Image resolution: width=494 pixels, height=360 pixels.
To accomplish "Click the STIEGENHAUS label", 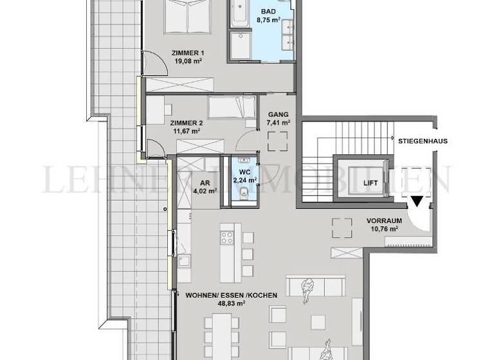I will point(423,140).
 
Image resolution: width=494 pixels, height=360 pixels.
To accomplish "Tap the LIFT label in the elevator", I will point(370,183).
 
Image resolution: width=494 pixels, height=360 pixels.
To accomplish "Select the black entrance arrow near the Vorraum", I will point(417,202).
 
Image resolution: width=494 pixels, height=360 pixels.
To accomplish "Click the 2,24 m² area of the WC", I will point(244,180).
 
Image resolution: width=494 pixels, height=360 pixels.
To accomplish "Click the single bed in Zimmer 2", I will point(232,107).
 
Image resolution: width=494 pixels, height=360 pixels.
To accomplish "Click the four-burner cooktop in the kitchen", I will point(227,239).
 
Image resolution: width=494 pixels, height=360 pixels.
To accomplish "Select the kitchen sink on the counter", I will point(184,260).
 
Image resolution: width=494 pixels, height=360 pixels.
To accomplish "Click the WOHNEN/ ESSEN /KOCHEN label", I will point(231,296).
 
